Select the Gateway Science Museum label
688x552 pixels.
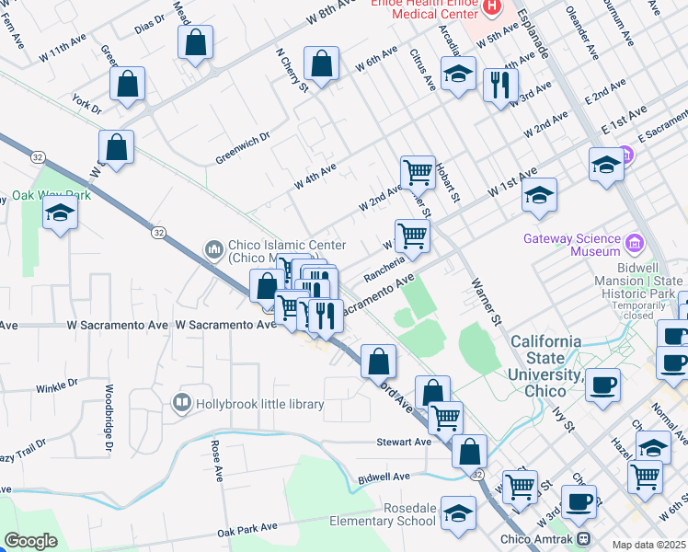coord(572,245)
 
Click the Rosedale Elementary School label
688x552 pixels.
coord(384,514)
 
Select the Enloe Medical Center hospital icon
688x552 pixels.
coord(491,7)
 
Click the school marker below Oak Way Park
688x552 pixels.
coord(61,213)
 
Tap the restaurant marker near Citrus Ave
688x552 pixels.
coord(499,86)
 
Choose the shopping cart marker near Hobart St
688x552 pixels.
coord(418,171)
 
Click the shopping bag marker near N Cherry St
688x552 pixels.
coord(322,65)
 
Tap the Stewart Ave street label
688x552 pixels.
coord(404,443)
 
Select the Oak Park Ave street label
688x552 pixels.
coord(247,528)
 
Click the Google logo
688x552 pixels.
coord(30,541)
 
